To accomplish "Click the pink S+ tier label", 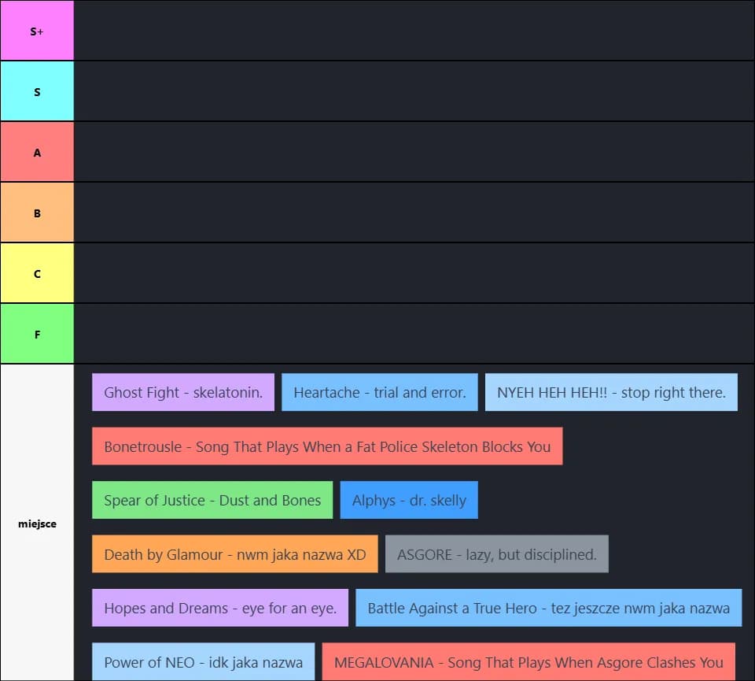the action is point(37,31).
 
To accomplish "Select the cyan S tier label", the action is point(37,91).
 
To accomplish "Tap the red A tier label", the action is point(37,152).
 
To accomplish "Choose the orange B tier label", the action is point(37,213).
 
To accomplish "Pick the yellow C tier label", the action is point(37,273).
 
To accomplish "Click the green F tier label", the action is point(37,334).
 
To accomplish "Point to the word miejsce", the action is point(37,524).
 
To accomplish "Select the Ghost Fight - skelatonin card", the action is point(183,392).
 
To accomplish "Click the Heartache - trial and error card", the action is point(379,392).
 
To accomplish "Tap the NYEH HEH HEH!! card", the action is point(611,392).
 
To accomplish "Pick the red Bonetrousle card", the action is point(327,446).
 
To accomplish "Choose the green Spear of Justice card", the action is point(212,500).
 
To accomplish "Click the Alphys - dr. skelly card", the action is point(409,500).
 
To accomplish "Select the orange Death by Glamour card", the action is point(235,554).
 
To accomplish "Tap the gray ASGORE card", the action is point(497,554).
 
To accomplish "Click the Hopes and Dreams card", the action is point(220,608).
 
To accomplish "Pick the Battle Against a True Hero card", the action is point(548,608).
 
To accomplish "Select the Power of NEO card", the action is point(203,662).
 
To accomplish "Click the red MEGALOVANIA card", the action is point(528,662).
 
